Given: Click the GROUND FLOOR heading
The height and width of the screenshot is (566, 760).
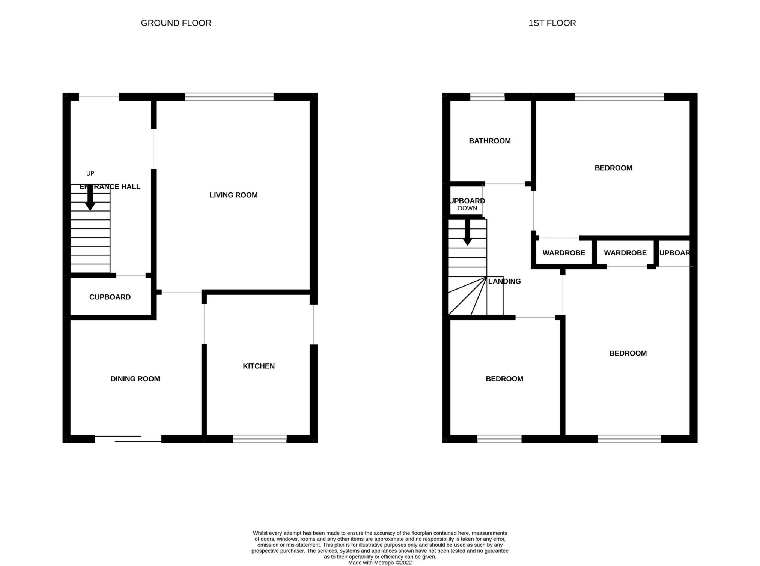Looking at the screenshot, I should (x=176, y=23).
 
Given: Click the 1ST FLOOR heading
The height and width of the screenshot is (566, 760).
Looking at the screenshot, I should (x=552, y=23).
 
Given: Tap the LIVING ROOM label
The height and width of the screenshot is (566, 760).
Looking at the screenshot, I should (x=233, y=195).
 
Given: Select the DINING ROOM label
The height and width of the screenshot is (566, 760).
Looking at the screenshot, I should (x=135, y=379).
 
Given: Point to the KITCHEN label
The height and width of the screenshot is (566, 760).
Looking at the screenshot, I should (x=259, y=366).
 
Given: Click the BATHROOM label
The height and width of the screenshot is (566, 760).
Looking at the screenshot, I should (x=489, y=141).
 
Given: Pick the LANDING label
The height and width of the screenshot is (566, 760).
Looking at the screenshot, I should (x=504, y=281).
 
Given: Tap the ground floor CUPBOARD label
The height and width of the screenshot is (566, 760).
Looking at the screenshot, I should (x=110, y=297).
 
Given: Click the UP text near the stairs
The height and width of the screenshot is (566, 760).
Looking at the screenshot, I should (x=90, y=173).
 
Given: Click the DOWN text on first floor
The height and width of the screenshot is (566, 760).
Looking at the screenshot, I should (x=467, y=208).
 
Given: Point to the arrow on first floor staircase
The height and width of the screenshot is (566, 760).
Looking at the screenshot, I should (x=467, y=233).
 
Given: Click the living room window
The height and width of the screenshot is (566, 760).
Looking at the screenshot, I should (x=229, y=97).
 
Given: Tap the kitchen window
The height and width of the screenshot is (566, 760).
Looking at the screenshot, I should (x=259, y=439).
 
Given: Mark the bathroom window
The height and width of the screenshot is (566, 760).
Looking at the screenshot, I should (x=487, y=97).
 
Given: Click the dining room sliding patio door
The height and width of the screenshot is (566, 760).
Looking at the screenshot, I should (x=128, y=439).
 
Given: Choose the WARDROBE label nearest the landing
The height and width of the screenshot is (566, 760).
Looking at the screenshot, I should (x=564, y=253).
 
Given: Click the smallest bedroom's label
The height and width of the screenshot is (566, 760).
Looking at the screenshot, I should (x=504, y=379).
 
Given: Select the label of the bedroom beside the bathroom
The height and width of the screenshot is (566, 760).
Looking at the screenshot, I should (x=613, y=168).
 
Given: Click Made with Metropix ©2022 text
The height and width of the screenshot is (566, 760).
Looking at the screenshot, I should (x=380, y=563).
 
